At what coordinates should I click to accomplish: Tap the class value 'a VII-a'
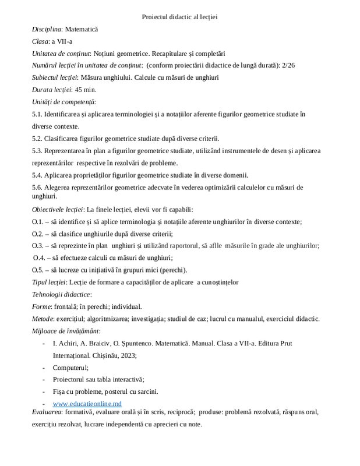(61, 41)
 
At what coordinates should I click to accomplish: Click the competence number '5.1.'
(38, 114)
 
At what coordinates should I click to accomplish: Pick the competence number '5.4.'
(38, 175)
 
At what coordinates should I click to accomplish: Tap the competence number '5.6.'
(38, 188)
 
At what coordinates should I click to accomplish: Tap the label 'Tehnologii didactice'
(61, 294)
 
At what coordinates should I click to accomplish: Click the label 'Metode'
(43, 319)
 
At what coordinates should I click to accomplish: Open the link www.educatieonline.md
(87, 404)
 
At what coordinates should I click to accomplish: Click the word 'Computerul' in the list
(70, 368)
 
